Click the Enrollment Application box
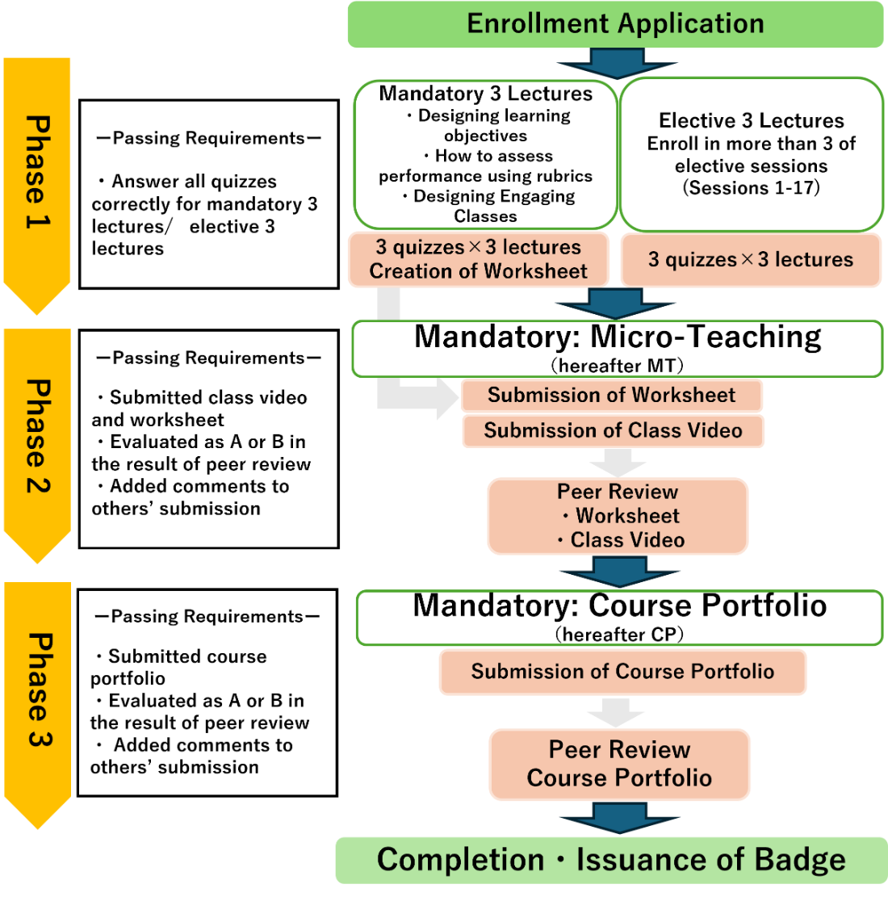[615, 23]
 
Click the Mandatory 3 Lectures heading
[485, 94]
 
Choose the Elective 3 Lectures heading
[751, 121]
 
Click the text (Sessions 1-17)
[751, 188]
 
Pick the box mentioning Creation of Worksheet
[478, 259]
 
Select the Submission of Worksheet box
[612, 395]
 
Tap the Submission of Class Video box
[613, 430]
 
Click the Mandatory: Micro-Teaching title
[618, 337]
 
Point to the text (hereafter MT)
[618, 366]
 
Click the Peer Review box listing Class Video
[618, 516]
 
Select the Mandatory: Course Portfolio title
[619, 606]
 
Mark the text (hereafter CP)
[619, 635]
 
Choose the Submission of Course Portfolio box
[622, 672]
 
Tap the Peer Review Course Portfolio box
[619, 764]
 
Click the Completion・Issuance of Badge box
[611, 860]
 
